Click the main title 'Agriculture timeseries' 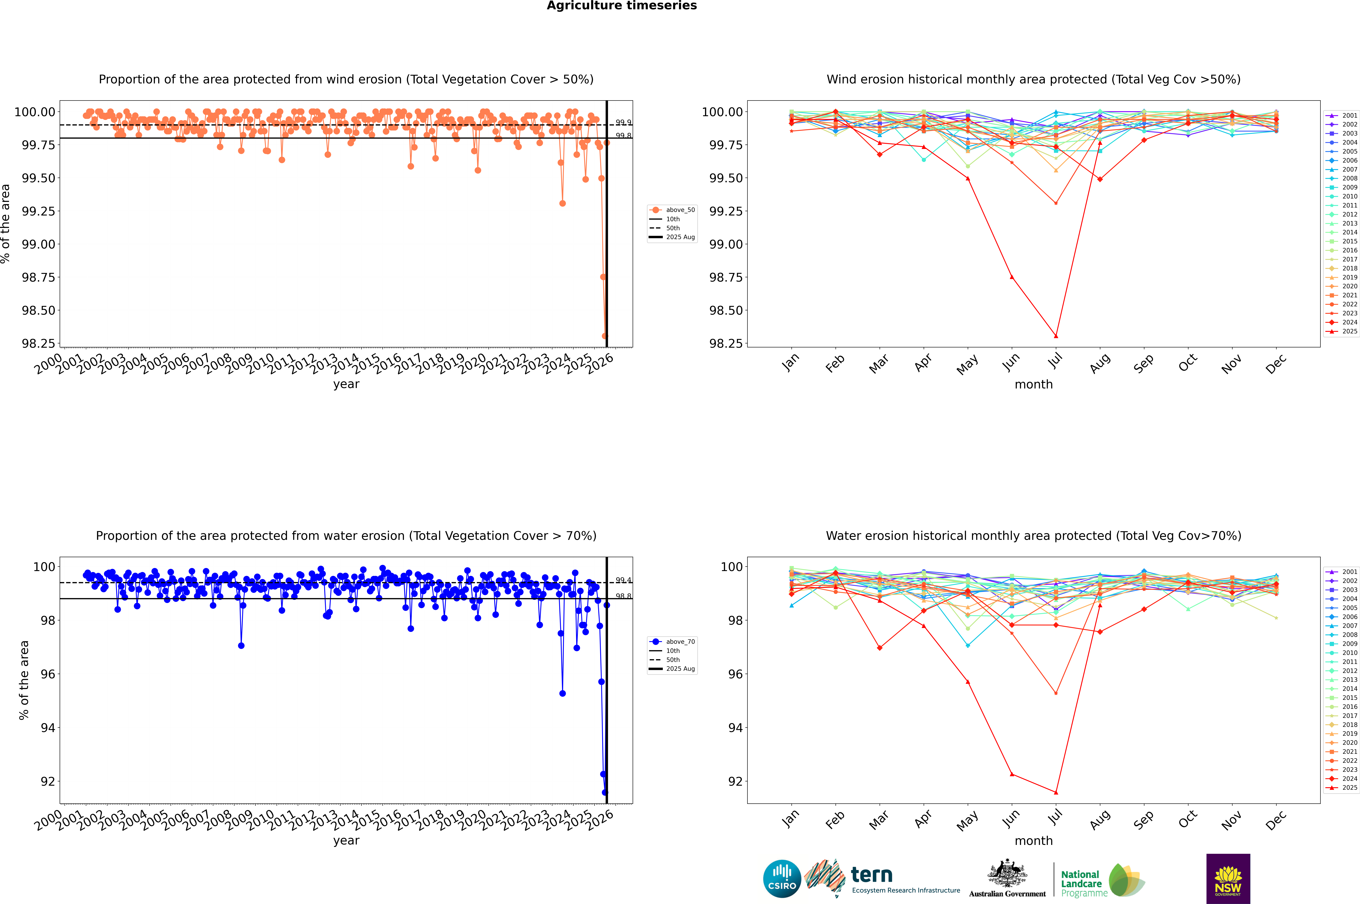pyautogui.click(x=621, y=6)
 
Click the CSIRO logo pyautogui.click(x=782, y=879)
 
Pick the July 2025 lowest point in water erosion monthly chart pyautogui.click(x=1056, y=792)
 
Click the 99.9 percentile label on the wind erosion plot pyautogui.click(x=623, y=122)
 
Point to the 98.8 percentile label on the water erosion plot pyautogui.click(x=623, y=596)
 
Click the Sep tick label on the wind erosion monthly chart pyautogui.click(x=1144, y=363)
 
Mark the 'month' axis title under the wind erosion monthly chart pyautogui.click(x=1033, y=385)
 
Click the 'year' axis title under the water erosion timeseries pyautogui.click(x=346, y=841)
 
